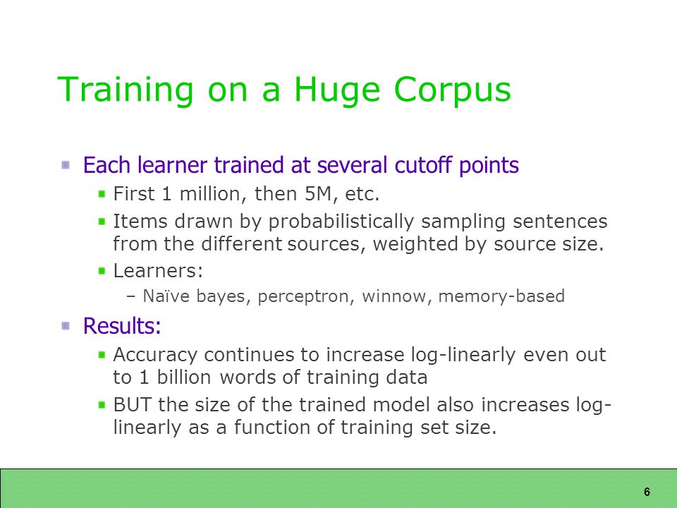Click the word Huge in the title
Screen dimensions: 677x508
(337, 91)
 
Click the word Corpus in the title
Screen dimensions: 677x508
(453, 91)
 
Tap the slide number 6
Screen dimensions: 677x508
(647, 492)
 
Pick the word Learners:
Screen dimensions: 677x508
(158, 271)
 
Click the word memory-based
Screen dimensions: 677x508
(501, 296)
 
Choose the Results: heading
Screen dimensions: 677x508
(122, 325)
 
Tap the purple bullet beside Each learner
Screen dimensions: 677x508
(66, 165)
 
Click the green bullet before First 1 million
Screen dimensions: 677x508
(102, 194)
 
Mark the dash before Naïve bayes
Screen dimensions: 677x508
(131, 297)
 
